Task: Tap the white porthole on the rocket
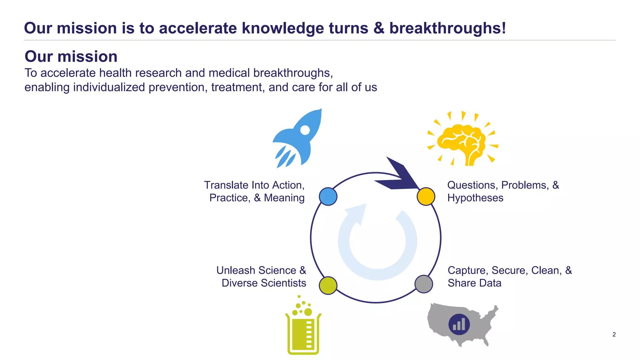305,130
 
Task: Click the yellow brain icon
462,142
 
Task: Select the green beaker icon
303,333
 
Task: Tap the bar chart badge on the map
459,324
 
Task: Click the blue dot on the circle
328,197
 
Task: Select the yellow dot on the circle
426,197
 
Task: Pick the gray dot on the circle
424,284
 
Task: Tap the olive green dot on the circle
328,285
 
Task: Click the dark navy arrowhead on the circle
398,177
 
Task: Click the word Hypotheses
475,198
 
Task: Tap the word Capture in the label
468,270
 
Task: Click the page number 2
614,334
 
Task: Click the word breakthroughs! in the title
447,28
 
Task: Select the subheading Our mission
71,57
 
